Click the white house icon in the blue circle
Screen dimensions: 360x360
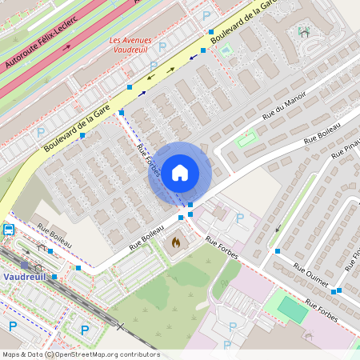pos(180,172)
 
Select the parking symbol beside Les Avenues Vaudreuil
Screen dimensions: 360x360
pos(162,46)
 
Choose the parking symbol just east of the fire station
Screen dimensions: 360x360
pos(239,218)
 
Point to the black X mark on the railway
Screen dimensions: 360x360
pos(121,326)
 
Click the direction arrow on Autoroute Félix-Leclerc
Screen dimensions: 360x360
pos(66,46)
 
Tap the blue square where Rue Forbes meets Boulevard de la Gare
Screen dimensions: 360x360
pos(121,112)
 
